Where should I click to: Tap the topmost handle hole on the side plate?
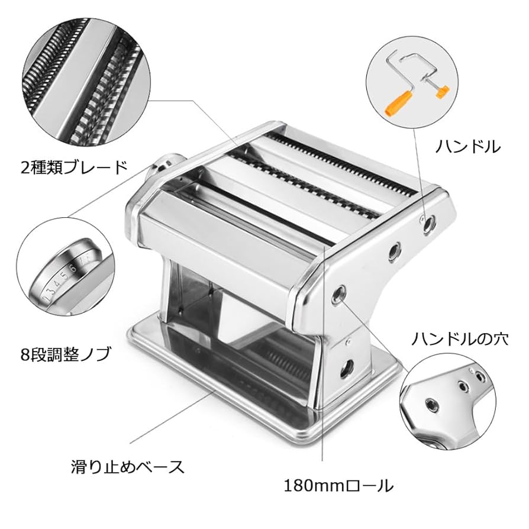429,222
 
